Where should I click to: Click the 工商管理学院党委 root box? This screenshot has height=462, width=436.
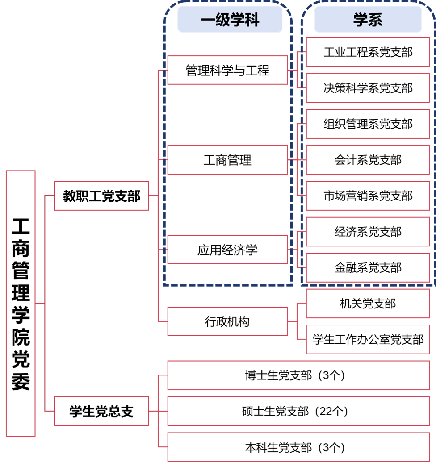21,303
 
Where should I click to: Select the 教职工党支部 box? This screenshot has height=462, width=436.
101,196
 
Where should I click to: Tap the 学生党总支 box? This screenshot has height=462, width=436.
101,411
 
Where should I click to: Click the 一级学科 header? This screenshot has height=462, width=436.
230,20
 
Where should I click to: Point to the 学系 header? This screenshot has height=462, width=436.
368,20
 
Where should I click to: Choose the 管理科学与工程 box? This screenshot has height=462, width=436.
227,70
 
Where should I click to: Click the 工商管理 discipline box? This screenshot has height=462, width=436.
227,160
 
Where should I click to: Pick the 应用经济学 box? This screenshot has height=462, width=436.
227,250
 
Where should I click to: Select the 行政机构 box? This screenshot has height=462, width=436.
227,321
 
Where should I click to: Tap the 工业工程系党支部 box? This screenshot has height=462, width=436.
368,52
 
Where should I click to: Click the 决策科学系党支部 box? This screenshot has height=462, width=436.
368,88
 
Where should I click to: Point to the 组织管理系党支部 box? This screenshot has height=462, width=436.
368,124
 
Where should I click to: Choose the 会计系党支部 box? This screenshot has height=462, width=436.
368,160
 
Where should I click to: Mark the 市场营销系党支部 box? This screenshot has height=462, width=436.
368,196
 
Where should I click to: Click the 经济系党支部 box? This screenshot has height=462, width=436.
368,232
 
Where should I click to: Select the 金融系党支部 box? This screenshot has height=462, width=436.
368,267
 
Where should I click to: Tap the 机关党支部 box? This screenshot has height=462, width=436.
368,304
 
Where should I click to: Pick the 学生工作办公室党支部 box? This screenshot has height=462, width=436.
368,339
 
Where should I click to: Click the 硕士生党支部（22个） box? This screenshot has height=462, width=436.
295,411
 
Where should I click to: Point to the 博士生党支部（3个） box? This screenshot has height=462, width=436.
295,375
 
